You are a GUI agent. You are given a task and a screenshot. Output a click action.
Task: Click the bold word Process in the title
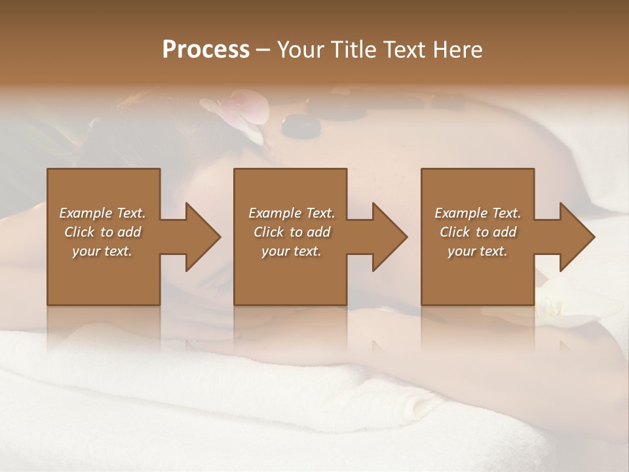point(206,50)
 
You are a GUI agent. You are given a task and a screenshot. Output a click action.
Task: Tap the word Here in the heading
point(457,50)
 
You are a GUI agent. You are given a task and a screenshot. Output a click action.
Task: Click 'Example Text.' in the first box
point(102,213)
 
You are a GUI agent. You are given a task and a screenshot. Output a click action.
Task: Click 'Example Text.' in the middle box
point(291,213)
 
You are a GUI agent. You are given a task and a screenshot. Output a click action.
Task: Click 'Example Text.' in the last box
point(478,213)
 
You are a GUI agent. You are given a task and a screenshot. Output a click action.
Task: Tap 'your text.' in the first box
point(102,251)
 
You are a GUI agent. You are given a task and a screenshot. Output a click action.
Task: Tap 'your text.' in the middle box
point(291,251)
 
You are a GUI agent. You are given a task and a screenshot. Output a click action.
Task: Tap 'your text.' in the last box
point(478,251)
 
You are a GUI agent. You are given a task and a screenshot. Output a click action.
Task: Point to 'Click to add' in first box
point(102,232)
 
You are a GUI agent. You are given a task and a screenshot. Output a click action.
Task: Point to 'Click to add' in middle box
point(291,232)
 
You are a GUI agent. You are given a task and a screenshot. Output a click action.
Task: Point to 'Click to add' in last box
point(478,232)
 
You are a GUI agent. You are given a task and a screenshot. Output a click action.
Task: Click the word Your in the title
point(298,50)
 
